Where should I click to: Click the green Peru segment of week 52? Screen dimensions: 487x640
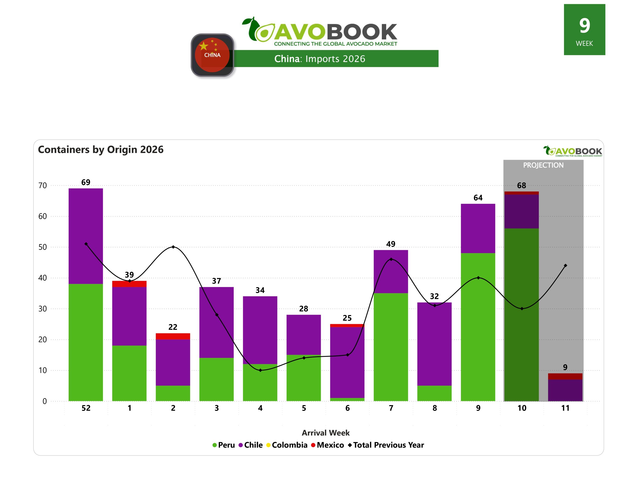click(x=85, y=342)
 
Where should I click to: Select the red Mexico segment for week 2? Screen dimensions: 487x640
click(x=173, y=336)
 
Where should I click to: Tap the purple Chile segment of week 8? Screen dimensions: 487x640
click(x=434, y=344)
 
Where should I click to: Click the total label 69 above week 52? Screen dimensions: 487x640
click(x=85, y=182)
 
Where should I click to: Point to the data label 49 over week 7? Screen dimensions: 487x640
click(x=391, y=244)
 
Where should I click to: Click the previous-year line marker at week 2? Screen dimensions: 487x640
click(x=173, y=247)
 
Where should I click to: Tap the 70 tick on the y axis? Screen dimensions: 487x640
click(x=43, y=185)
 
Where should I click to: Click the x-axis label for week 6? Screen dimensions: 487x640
click(x=347, y=408)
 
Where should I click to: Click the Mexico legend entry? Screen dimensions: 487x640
click(x=330, y=445)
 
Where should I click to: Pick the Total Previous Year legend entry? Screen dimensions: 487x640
click(x=388, y=445)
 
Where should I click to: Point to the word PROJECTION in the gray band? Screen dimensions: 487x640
click(x=543, y=165)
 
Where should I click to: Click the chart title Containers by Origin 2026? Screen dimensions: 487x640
click(x=101, y=150)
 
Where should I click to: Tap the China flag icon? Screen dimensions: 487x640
click(x=212, y=55)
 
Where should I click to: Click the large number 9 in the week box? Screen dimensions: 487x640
click(x=584, y=25)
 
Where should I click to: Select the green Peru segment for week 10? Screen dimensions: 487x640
click(x=521, y=315)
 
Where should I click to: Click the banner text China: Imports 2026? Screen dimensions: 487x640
click(x=319, y=59)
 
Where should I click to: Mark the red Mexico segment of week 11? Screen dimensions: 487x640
click(x=565, y=376)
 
